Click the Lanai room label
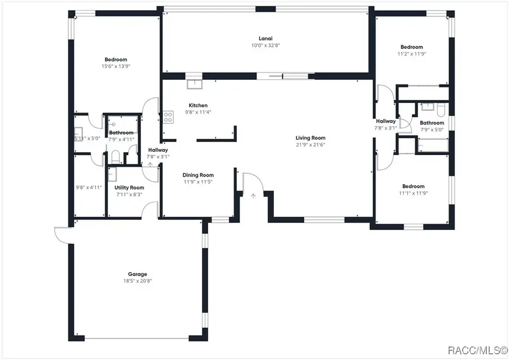(x=262, y=38)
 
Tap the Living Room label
(x=310, y=138)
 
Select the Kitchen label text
(x=198, y=105)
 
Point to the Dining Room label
(x=197, y=175)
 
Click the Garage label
(x=137, y=274)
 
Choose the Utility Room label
(x=129, y=187)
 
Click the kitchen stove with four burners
(x=168, y=117)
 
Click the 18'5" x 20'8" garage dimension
(x=137, y=281)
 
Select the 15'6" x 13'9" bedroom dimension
(x=115, y=66)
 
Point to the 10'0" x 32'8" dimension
(x=262, y=45)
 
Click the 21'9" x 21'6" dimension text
(x=310, y=144)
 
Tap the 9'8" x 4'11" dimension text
(x=88, y=187)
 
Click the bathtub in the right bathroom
(x=433, y=147)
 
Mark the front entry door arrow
(x=253, y=195)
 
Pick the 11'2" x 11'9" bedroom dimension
(x=412, y=54)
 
